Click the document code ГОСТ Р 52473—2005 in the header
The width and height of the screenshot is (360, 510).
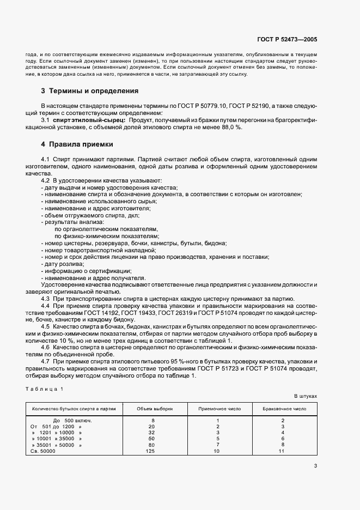(288, 39)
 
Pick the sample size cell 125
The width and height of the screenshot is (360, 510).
(151, 451)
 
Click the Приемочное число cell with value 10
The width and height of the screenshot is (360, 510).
(217, 451)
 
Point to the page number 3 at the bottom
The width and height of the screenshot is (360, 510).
(315, 465)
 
